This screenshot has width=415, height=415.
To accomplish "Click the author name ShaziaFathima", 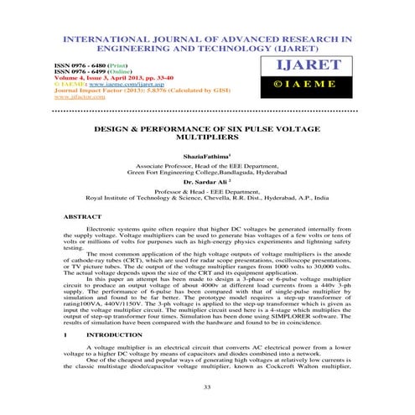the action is coord(206,157).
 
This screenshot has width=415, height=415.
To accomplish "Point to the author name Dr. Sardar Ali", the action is coord(206,182).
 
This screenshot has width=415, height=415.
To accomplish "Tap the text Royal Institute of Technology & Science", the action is coord(143,199).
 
